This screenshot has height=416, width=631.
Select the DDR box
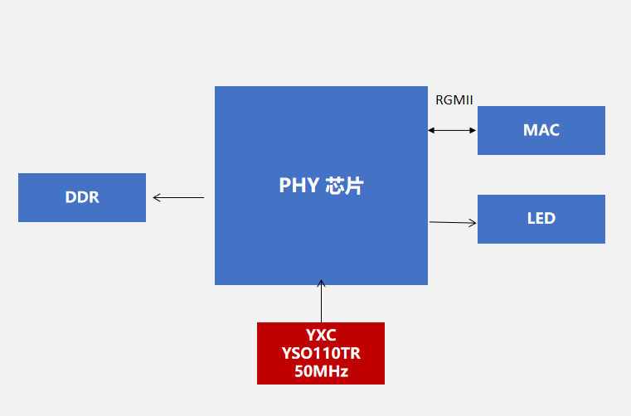[82, 197]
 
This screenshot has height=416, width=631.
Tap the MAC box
[541, 130]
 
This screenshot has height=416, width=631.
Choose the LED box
[541, 219]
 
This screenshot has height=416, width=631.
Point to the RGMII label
[454, 100]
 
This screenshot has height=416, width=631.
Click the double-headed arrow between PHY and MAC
[452, 130]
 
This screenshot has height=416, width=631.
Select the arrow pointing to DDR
[178, 197]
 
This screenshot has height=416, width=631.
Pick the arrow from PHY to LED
[453, 222]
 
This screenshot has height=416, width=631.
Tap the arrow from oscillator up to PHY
[321, 303]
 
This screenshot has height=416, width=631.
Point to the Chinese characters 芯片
[344, 186]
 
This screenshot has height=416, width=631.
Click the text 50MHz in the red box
[321, 371]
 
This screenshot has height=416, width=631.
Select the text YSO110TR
[321, 354]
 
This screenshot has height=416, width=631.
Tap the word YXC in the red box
[321, 336]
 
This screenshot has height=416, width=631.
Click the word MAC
[541, 130]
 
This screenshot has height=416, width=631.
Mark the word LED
[541, 219]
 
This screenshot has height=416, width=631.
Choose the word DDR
[82, 197]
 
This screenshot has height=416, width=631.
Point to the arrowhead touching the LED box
[473, 222]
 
